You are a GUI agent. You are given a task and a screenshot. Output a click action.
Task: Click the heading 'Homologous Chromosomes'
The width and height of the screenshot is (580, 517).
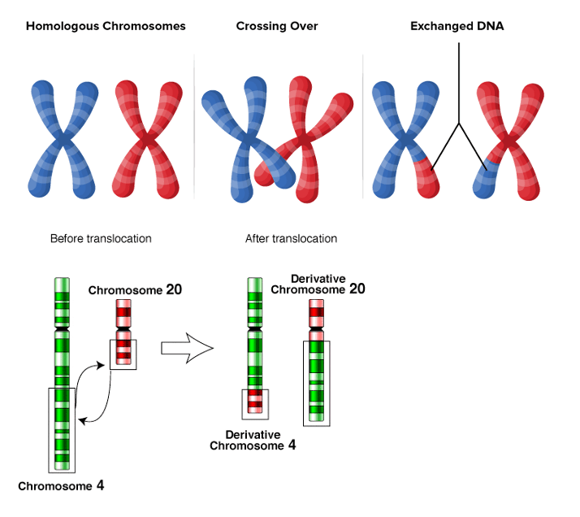click(x=106, y=26)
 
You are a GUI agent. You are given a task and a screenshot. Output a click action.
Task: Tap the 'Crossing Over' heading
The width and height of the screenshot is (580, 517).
click(x=277, y=26)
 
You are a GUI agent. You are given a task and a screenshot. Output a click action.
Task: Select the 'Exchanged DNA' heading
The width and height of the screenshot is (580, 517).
click(x=457, y=26)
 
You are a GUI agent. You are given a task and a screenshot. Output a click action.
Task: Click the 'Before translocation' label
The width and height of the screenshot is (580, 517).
click(x=101, y=239)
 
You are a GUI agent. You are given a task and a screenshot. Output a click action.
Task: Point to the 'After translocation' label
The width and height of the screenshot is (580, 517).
click(x=291, y=239)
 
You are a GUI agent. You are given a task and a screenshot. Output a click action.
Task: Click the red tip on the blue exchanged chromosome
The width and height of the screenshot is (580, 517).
click(x=427, y=176)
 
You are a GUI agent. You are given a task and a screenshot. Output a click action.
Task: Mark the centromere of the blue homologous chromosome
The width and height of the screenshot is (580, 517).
click(x=62, y=141)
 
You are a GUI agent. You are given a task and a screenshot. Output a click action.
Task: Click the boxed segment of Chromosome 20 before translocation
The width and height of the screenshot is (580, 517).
click(x=123, y=354)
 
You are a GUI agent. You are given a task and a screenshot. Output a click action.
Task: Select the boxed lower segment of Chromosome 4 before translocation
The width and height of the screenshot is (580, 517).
click(x=62, y=429)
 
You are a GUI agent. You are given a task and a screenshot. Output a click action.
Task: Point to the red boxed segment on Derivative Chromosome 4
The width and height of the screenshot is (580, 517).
click(x=255, y=401)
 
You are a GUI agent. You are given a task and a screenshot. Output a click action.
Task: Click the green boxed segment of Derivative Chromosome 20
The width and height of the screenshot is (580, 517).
click(x=317, y=382)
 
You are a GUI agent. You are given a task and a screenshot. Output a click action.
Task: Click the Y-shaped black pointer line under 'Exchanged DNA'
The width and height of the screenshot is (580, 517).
click(x=459, y=122)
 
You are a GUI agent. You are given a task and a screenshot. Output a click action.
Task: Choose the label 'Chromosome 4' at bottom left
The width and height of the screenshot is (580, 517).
click(x=61, y=486)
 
